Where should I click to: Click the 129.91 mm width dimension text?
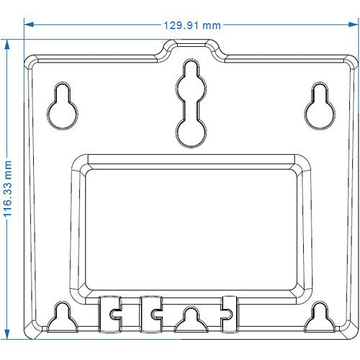192,24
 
